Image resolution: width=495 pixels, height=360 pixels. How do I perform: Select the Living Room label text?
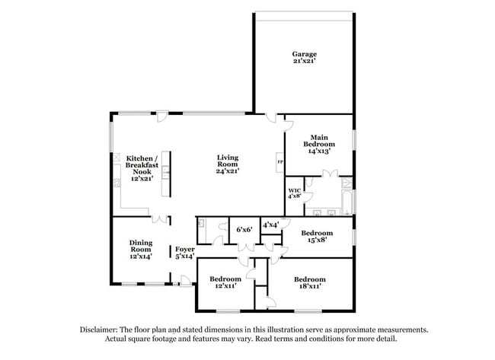(228, 161)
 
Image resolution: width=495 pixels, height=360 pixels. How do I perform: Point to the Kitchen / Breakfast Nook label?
(142, 167)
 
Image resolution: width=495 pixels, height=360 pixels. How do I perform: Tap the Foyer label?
(185, 249)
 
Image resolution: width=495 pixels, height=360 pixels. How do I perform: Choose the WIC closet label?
(295, 190)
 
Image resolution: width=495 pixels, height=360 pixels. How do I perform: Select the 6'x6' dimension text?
(244, 228)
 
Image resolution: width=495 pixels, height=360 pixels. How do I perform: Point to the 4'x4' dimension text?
(271, 225)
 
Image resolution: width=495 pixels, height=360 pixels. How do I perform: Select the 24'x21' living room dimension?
(228, 171)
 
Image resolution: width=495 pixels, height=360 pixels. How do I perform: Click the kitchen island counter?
(165, 175)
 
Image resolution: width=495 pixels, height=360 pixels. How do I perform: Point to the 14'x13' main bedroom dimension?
(319, 151)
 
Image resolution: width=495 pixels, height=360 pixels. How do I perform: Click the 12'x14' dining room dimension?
(141, 257)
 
